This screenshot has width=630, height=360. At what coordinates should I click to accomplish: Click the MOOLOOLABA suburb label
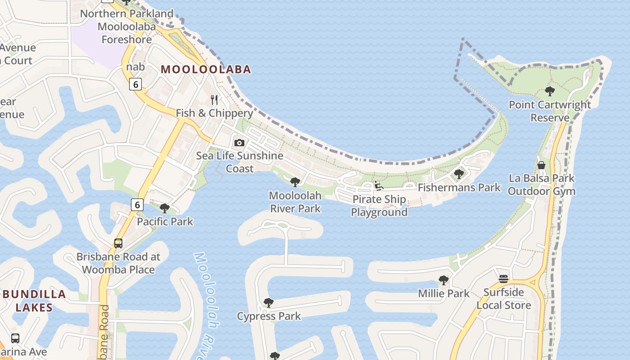(x=206, y=69)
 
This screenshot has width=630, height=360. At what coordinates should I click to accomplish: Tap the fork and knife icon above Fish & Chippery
(x=214, y=99)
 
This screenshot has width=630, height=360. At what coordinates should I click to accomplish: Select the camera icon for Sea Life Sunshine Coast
(x=239, y=143)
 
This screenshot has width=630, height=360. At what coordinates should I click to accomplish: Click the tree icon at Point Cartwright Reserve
(x=549, y=91)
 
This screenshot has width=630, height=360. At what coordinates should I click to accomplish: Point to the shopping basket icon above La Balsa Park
(x=541, y=165)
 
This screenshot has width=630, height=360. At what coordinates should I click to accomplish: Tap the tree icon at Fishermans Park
(x=459, y=174)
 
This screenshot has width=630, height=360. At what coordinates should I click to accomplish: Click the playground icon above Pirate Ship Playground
(x=378, y=186)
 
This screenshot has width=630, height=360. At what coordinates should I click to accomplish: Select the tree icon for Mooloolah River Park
(x=295, y=182)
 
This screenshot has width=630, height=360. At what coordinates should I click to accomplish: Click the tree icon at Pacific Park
(x=165, y=208)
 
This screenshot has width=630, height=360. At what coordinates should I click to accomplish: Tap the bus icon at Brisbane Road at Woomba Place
(x=118, y=243)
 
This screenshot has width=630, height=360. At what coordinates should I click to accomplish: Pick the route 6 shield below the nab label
(x=135, y=84)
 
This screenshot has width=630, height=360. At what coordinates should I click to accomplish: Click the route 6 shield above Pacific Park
(x=137, y=205)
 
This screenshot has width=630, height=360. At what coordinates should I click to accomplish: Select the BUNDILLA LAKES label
(x=34, y=301)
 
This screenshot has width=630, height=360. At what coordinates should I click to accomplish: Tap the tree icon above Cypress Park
(x=269, y=303)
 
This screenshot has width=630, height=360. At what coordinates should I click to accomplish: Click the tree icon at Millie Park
(x=444, y=280)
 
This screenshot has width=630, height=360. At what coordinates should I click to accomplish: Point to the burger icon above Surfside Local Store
(x=504, y=279)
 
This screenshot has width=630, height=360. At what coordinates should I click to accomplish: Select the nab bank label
(x=135, y=67)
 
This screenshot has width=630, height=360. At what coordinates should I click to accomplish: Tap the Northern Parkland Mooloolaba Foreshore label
(x=126, y=27)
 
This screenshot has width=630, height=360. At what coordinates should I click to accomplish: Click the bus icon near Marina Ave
(x=15, y=338)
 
